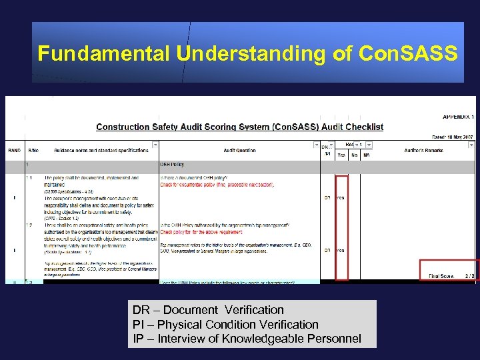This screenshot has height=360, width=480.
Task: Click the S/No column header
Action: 33,151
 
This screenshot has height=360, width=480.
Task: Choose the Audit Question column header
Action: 239,151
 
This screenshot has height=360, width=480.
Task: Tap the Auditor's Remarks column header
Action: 423,151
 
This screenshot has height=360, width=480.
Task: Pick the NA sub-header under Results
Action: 367,155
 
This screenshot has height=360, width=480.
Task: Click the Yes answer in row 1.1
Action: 341,198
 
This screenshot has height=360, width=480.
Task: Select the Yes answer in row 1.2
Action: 341,251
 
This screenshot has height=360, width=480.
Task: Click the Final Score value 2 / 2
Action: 469,275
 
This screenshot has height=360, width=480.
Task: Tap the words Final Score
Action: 442,275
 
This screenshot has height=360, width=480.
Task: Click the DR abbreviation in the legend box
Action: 141,310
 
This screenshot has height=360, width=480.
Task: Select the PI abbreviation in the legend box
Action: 139,325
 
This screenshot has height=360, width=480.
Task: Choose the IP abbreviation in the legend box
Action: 139,339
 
